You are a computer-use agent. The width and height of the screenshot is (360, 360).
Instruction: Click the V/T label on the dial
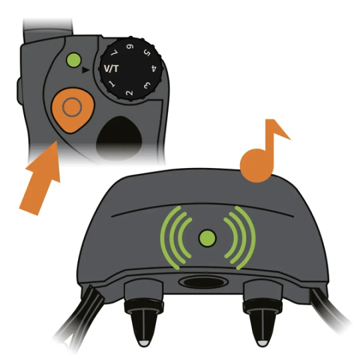tap(111, 69)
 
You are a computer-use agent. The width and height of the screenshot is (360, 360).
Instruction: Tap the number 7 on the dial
tap(115, 53)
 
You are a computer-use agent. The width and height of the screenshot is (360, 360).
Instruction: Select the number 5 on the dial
tap(147, 53)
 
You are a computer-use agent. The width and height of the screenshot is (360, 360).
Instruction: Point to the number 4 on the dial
tap(154, 69)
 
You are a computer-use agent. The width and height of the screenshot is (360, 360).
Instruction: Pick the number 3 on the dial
tap(147, 85)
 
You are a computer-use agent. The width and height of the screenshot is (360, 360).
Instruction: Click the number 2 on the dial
tap(129, 93)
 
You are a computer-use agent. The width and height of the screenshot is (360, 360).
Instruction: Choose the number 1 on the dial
tap(112, 84)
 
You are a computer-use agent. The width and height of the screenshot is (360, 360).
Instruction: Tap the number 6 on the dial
tap(130, 47)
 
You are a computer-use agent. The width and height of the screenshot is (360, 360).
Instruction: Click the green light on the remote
tap(73, 60)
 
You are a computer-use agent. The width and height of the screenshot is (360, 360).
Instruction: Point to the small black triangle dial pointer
tap(85, 70)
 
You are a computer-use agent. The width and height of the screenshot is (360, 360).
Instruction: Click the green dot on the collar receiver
tap(207, 238)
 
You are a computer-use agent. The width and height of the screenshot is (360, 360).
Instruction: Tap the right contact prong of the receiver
tap(262, 321)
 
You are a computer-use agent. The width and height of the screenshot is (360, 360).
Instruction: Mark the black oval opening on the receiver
tap(203, 282)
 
